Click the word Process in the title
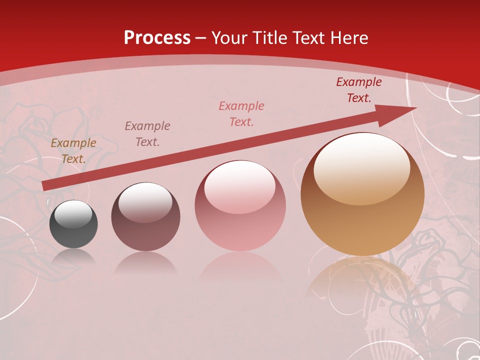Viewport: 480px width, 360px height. [157, 38]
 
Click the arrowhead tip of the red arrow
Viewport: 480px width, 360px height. [415, 108]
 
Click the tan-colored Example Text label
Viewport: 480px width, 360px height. [73, 151]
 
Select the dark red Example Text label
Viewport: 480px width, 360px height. [358, 90]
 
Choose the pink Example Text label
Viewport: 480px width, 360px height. [241, 113]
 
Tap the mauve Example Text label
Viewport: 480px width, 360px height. [147, 133]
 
